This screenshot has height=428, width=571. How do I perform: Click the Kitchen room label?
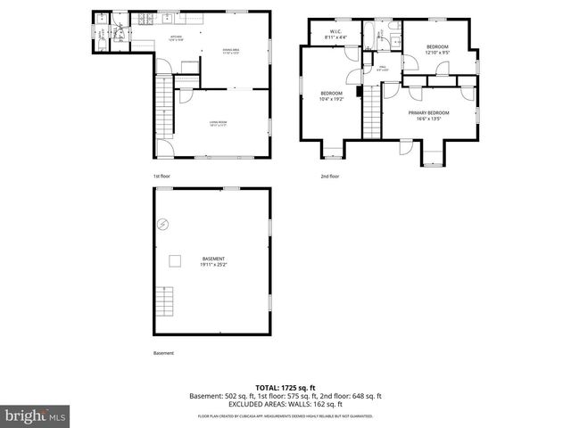[176, 37]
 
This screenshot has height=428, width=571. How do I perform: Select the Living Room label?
[218, 125]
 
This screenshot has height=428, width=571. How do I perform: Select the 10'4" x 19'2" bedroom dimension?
[332, 100]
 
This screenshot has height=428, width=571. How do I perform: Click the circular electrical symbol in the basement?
[162, 224]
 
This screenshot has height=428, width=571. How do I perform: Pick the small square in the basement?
[175, 259]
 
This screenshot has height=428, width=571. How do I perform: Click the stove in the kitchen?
[145, 21]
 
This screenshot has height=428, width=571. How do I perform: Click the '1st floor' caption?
[161, 177]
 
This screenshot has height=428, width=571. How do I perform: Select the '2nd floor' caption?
[330, 177]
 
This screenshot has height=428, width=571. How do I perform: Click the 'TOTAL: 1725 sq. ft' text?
[285, 388]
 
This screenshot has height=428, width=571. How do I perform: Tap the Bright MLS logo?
[35, 416]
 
